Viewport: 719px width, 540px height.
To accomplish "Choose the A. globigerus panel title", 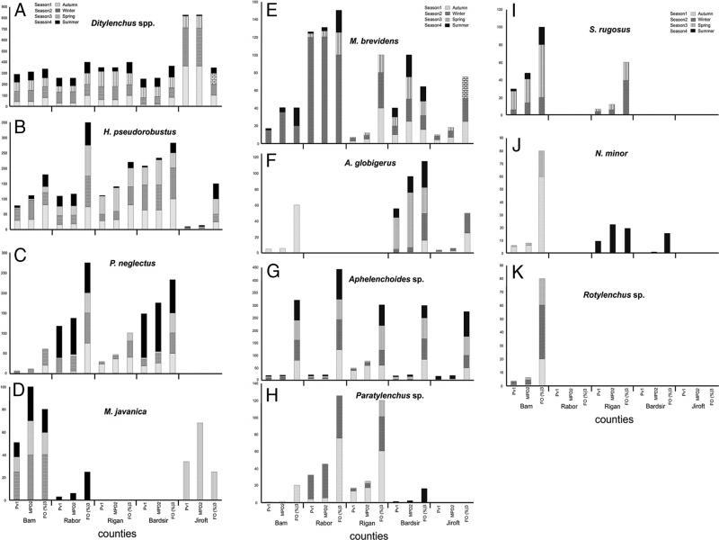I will (x=381, y=166).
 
